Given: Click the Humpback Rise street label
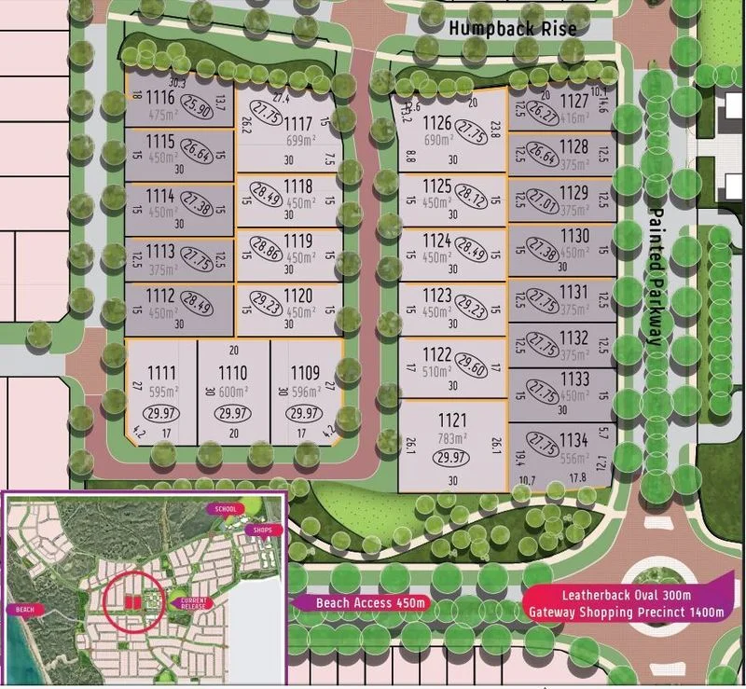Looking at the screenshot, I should [x=512, y=28].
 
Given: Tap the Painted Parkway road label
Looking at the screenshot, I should [x=656, y=276].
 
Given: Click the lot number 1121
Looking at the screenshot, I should [x=453, y=417].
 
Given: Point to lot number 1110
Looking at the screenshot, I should [x=232, y=373].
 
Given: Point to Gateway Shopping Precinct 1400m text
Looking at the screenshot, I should [x=625, y=612].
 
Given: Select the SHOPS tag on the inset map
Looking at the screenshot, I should [x=258, y=530].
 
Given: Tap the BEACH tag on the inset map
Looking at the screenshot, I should [x=23, y=609].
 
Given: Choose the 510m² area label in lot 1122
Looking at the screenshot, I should [x=437, y=370].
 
